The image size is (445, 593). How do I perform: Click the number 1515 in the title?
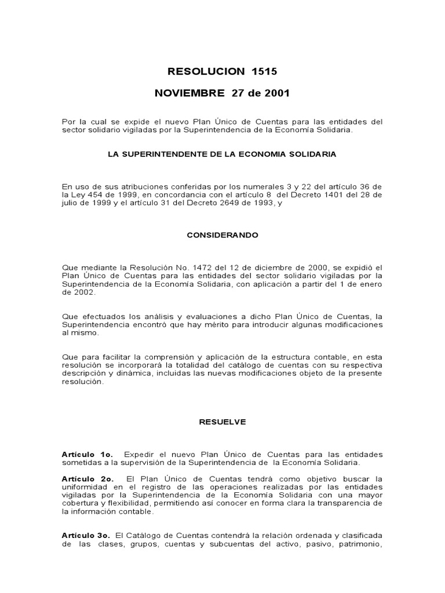pos(264,72)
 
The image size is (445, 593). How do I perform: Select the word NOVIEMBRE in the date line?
pos(189,93)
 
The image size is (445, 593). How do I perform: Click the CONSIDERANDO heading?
pos(222,236)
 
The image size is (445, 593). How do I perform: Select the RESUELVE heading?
pos(222,422)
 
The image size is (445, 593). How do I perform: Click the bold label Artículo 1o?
pos(87,455)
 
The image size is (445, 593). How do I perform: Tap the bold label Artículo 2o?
pos(87,479)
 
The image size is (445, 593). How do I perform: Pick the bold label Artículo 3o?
pos(87,536)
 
